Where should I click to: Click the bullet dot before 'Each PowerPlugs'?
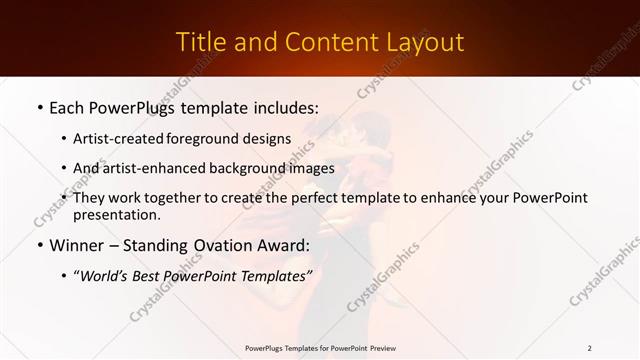click(x=38, y=105)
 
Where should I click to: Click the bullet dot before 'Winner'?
click(x=38, y=245)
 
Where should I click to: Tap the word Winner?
click(x=76, y=245)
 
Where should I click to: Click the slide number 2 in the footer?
click(x=590, y=348)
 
